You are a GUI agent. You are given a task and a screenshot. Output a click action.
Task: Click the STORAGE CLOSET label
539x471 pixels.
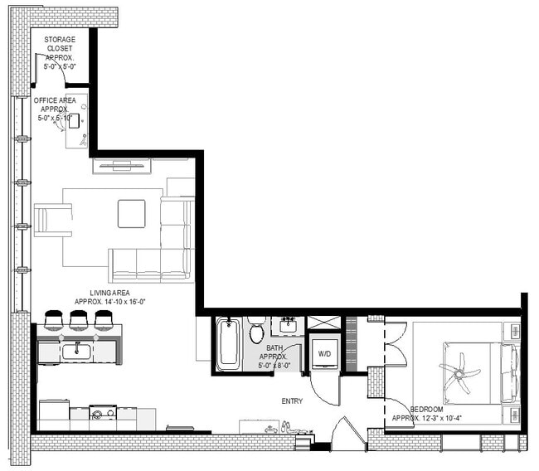click(60, 52)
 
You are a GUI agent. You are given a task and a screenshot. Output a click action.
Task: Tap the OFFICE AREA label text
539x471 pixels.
click(55, 109)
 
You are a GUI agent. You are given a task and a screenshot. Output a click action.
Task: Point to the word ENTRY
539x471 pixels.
click(292, 401)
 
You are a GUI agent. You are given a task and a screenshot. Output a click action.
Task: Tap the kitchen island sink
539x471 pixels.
click(76, 352)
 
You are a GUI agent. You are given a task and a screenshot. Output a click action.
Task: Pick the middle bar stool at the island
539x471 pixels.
click(79, 319)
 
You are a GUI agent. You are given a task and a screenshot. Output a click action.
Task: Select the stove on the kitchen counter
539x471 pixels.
click(102, 412)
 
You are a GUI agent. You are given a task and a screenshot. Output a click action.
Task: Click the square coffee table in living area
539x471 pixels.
click(131, 213)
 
